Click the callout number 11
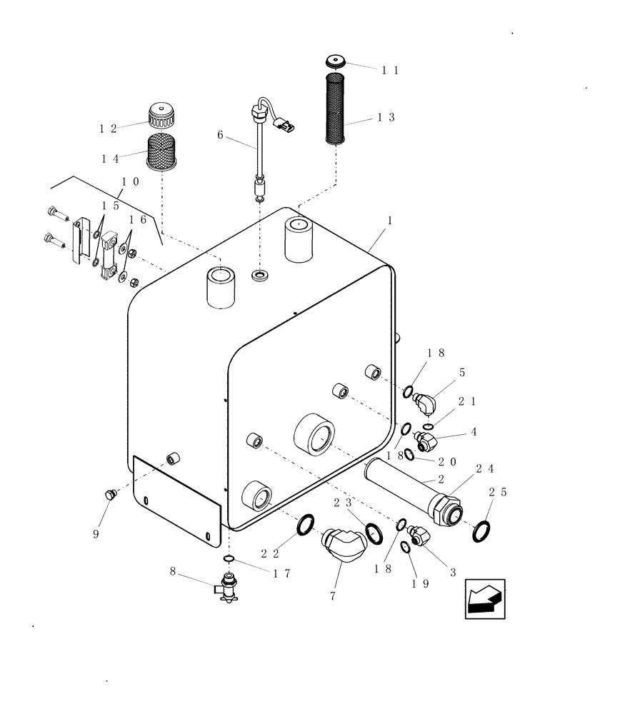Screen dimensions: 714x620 click(x=389, y=70)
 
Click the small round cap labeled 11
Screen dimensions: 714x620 click(x=335, y=61)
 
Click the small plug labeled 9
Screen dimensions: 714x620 click(x=110, y=495)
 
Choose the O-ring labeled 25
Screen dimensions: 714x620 click(x=482, y=531)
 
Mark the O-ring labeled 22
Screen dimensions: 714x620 click(x=304, y=525)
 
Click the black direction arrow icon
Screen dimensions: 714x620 click(x=484, y=598)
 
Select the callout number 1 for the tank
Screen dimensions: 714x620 click(x=389, y=223)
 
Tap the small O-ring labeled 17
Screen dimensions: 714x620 click(x=228, y=558)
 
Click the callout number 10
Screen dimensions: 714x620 click(x=130, y=181)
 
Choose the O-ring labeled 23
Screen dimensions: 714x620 click(x=374, y=531)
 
